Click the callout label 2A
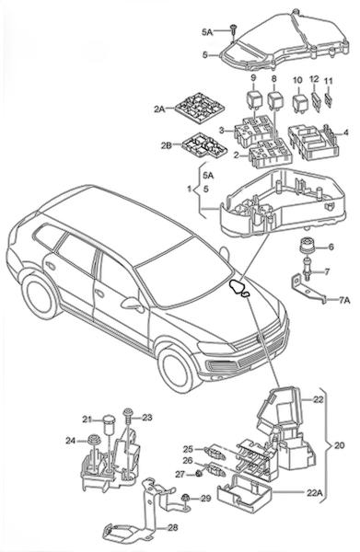159,109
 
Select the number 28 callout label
173,528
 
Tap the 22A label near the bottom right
315,492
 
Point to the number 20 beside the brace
339,445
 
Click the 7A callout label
344,300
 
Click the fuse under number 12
316,102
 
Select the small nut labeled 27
199,474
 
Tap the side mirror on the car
134,304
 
